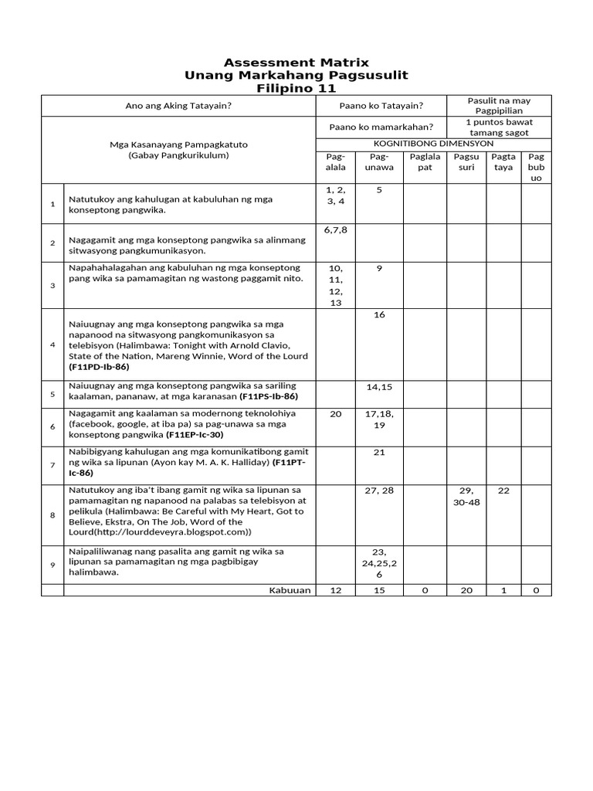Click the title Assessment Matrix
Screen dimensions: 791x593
[x=296, y=62]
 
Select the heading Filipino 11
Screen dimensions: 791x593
[x=296, y=88]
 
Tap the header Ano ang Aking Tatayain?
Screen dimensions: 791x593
[x=178, y=106]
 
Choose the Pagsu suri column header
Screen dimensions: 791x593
[x=466, y=161]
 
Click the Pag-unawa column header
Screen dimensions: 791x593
[x=379, y=161]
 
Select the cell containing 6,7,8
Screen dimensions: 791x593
[x=336, y=230]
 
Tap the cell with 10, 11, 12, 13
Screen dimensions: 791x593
[x=336, y=286]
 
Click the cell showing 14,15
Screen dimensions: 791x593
[x=379, y=386]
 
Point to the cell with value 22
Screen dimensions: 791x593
[x=503, y=491]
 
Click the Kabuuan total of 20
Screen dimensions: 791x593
[x=466, y=590]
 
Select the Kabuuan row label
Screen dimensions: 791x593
[x=290, y=590]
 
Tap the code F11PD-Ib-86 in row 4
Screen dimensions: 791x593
[x=99, y=367]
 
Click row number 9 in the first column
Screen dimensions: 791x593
[x=53, y=565]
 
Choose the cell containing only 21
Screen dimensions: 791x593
[x=379, y=453]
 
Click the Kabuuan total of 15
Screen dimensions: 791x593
[x=379, y=590]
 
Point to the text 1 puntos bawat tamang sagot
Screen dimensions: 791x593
[x=500, y=127]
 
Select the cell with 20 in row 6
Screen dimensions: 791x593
[x=336, y=414]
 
